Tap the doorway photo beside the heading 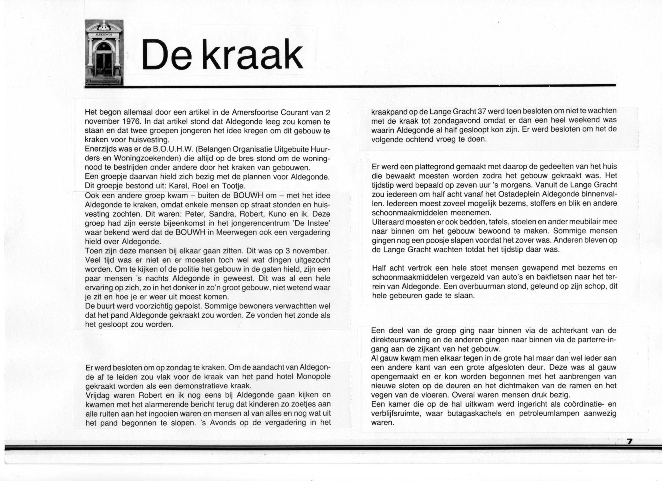pyautogui.click(x=104, y=52)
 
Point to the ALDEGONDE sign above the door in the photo pyautogui.click(x=104, y=34)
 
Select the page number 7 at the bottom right pyautogui.click(x=630, y=441)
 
